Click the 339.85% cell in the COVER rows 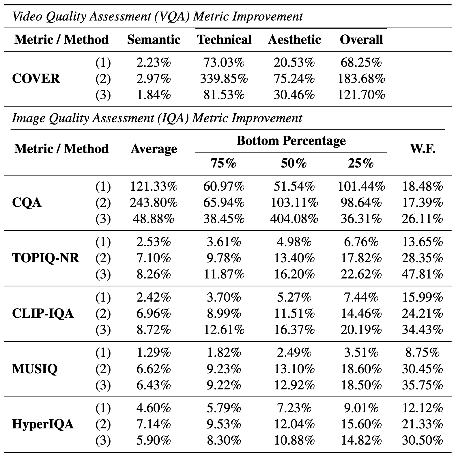click(x=224, y=79)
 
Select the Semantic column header click(x=154, y=40)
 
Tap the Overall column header click(x=361, y=40)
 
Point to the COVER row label click(x=36, y=79)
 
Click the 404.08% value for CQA click(x=294, y=219)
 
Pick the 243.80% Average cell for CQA click(x=154, y=203)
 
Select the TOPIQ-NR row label click(x=46, y=258)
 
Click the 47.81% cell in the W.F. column click(x=422, y=274)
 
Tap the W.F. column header click(x=423, y=149)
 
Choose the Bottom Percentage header click(x=291, y=141)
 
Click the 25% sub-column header click(x=360, y=164)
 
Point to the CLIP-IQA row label click(x=43, y=313)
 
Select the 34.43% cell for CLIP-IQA click(x=422, y=330)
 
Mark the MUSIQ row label click(x=35, y=369)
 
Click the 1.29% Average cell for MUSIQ click(x=154, y=353)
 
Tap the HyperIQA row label click(x=43, y=424)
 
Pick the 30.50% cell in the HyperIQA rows click(x=422, y=441)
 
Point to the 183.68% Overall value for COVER click(x=361, y=79)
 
